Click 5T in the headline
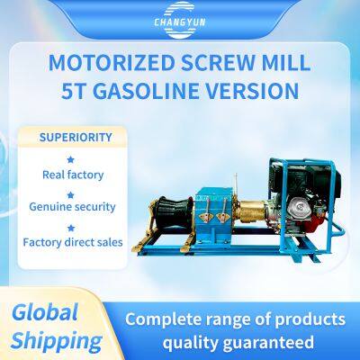point(76,91)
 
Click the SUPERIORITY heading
point(76,138)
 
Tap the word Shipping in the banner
point(58,340)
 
